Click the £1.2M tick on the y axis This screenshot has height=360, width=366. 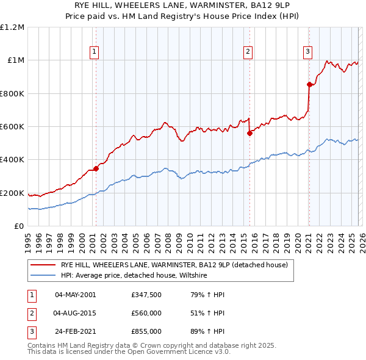pyautogui.click(x=12, y=27)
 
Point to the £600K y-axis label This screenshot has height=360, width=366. pyautogui.click(x=12, y=127)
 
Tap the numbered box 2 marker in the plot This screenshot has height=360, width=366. pyautogui.click(x=248, y=52)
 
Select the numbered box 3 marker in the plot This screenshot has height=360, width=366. pyautogui.click(x=308, y=52)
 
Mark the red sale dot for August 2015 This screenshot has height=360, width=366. pyautogui.click(x=249, y=134)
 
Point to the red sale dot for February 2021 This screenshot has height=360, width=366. pyautogui.click(x=309, y=85)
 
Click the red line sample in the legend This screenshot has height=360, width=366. pyautogui.click(x=43, y=265)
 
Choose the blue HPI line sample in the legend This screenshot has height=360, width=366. pyautogui.click(x=43, y=275)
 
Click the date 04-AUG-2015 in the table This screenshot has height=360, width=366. pyautogui.click(x=75, y=313)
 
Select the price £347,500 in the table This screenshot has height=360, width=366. pyautogui.click(x=146, y=295)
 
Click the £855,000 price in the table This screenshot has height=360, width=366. pyautogui.click(x=146, y=331)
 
